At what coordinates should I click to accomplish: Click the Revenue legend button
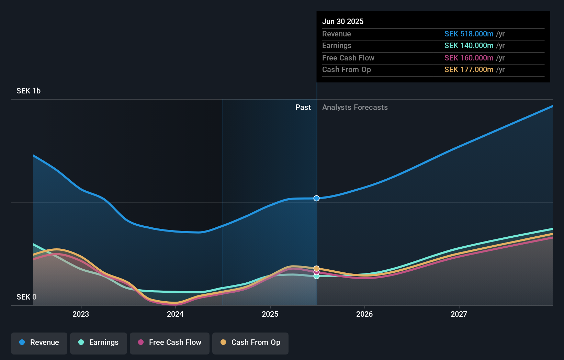[x=39, y=342]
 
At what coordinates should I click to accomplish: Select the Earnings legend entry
[x=99, y=342]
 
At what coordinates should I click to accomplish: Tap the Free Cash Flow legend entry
[x=170, y=342]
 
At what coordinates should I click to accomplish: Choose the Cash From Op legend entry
[x=250, y=342]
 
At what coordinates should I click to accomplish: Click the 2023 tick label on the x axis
[x=81, y=314]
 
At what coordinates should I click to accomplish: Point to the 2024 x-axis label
[x=175, y=314]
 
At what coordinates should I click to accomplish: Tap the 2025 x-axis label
[x=270, y=314]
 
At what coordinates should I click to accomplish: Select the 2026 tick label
[x=364, y=314]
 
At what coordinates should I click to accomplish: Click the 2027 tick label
[x=459, y=314]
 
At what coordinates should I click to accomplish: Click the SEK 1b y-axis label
[x=29, y=91]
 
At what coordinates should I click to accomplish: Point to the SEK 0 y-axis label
[x=26, y=297]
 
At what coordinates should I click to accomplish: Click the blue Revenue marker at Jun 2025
[x=316, y=198]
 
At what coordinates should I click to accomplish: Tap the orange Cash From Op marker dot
[x=316, y=268]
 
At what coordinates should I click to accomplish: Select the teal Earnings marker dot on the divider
[x=316, y=276]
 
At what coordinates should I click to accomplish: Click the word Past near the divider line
[x=303, y=108]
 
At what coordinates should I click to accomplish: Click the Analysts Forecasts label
[x=355, y=108]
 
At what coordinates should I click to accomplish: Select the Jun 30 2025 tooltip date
[x=343, y=21]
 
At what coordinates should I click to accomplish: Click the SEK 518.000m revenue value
[x=469, y=34]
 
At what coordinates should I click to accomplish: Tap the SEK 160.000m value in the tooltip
[x=469, y=58]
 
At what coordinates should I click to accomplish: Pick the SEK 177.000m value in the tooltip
[x=469, y=70]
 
